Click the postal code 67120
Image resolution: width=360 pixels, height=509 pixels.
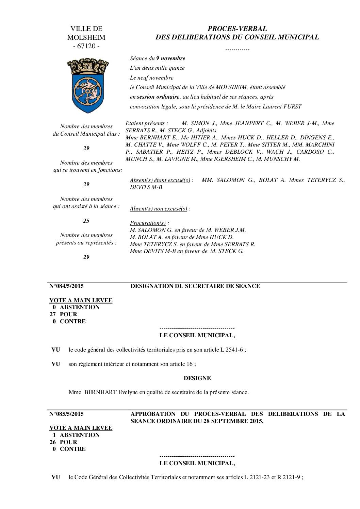pos(86,46)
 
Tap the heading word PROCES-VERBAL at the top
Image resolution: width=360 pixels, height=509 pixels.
pos(237,29)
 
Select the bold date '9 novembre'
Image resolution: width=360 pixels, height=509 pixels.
pos(170,58)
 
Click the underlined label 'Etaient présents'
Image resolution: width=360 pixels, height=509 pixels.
pos(145,123)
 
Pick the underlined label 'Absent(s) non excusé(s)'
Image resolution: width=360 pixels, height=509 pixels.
pos(159,209)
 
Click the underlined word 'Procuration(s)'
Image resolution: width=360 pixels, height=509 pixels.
pos(148,223)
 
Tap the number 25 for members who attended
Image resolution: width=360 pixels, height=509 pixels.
pos(86,221)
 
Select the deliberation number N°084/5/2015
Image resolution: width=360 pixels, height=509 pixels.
pos(67,286)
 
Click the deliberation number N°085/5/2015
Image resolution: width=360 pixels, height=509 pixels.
pos(67,414)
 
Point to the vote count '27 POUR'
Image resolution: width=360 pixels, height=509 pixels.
pos(64,315)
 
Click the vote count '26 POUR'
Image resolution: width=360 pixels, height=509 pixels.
pos(64,442)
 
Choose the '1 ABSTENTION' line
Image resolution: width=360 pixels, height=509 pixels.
pos(76,435)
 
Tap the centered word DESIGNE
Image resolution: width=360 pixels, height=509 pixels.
pos(197,378)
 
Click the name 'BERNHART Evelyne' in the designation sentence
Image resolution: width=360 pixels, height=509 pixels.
pos(106,392)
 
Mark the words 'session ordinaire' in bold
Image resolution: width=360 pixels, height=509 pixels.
pos(158,97)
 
